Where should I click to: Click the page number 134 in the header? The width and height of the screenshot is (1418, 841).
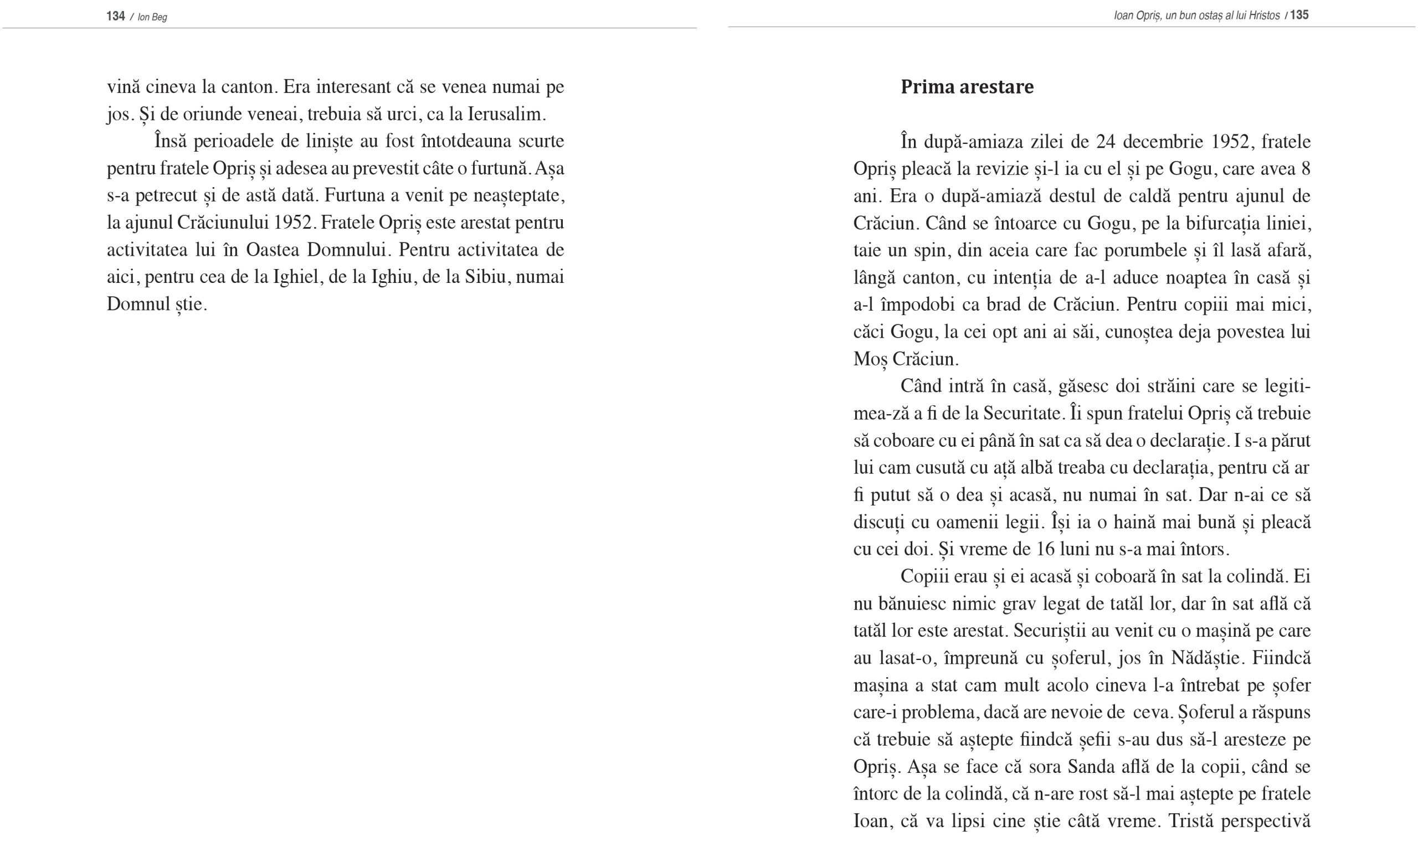115,16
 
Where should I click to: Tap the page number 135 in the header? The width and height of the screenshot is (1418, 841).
1299,16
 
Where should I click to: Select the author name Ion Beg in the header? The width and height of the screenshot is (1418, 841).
152,17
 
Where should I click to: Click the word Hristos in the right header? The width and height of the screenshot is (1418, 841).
1264,16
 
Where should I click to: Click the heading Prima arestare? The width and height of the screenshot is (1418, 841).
967,87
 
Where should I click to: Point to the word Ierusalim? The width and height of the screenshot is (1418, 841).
506,115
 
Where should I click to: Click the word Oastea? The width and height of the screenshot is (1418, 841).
273,250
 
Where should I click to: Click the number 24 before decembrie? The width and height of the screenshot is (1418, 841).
1106,142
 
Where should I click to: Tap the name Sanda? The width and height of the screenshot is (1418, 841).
1090,767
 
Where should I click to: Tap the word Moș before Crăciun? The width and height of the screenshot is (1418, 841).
869,359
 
